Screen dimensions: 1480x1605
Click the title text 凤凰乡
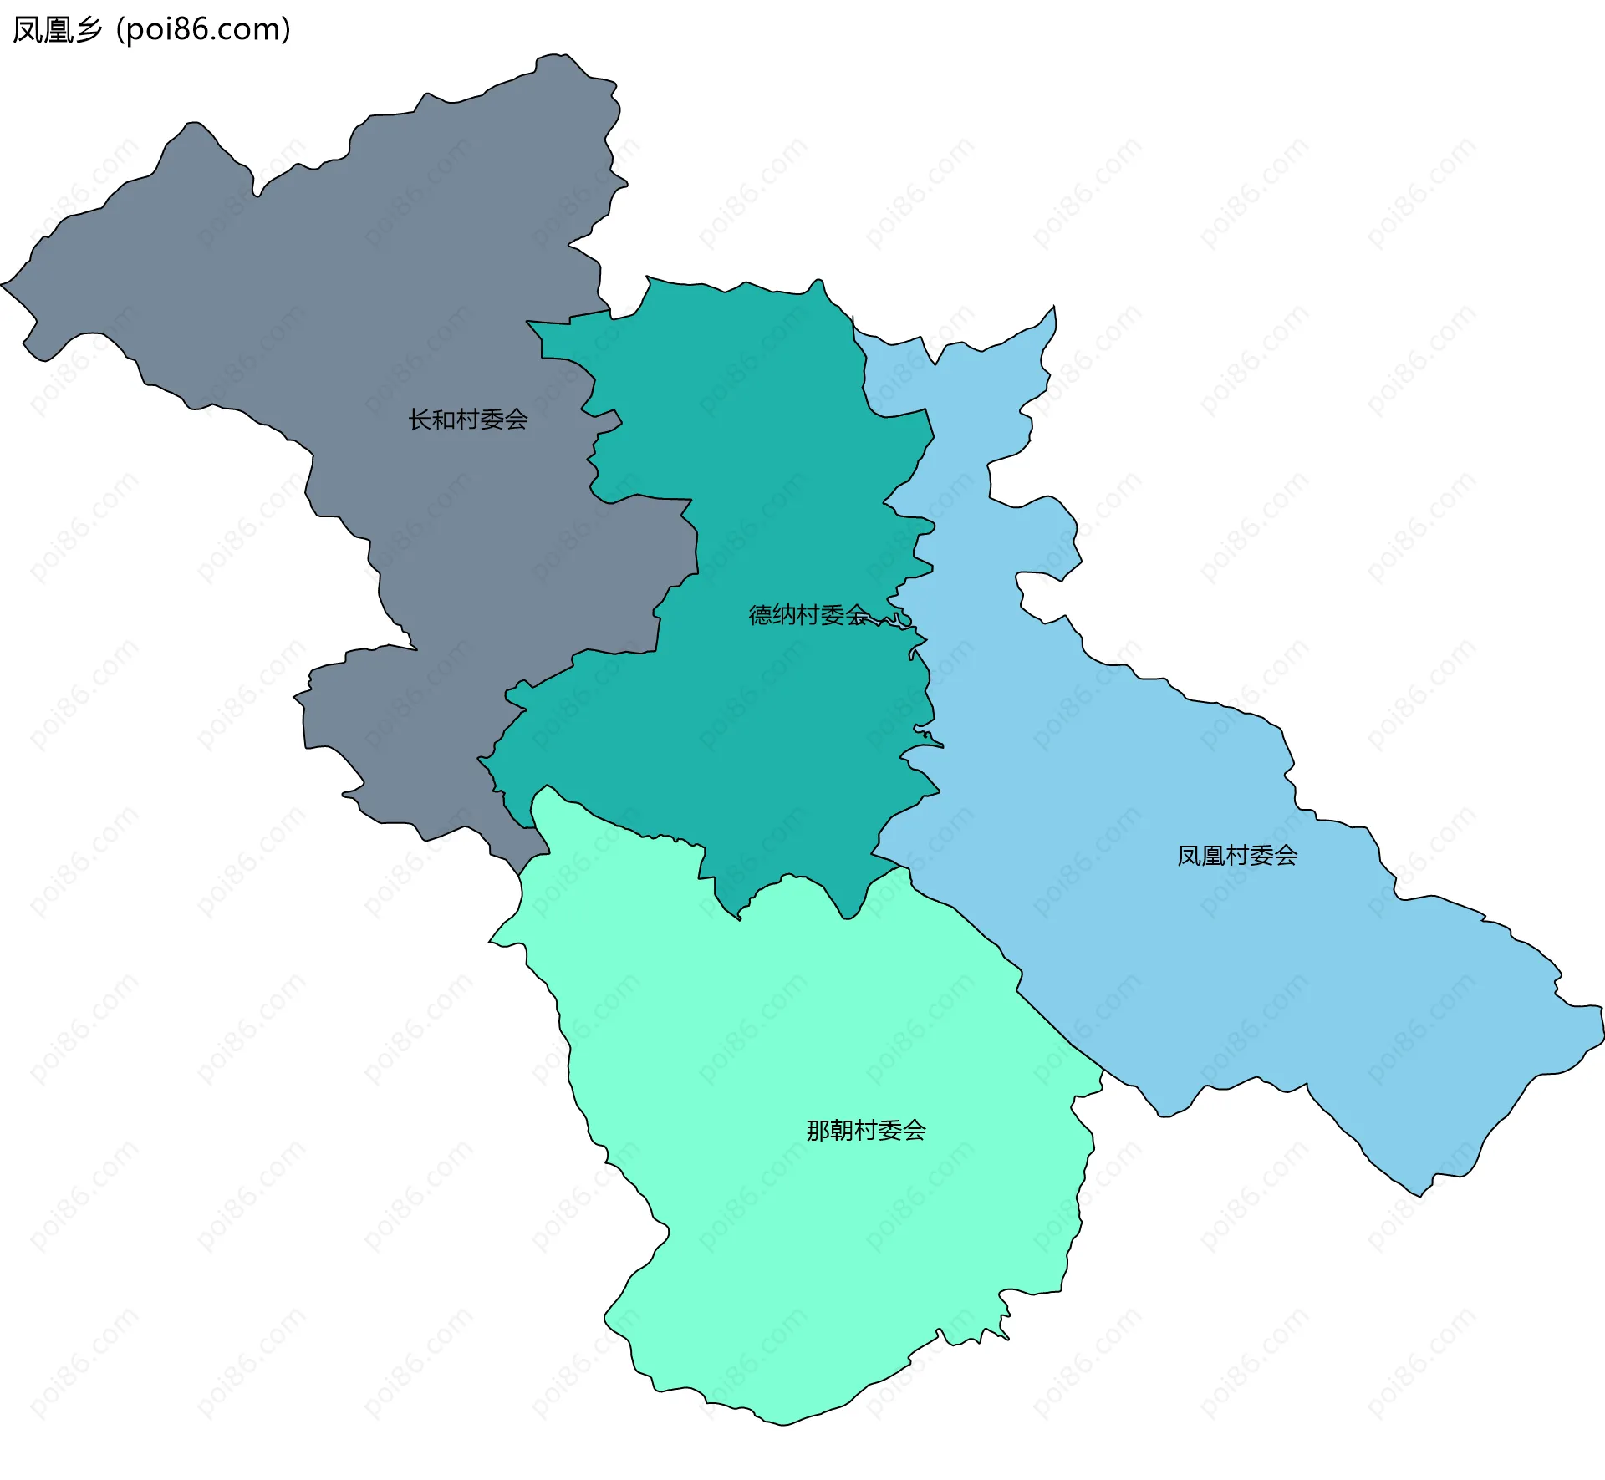coord(57,30)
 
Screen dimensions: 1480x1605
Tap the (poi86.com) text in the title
coord(203,30)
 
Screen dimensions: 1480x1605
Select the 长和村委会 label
coord(467,420)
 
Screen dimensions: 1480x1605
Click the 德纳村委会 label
coord(808,615)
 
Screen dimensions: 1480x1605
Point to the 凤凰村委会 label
coord(1236,856)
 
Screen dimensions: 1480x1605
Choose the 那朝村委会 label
coord(865,1131)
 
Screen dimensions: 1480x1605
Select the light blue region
coord(1170,961)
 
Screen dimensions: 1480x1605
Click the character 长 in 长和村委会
coord(420,420)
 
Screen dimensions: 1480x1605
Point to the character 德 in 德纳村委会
coord(760,615)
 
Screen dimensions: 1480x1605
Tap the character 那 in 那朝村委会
coord(818,1131)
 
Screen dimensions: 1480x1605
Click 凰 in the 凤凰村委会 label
coord(1212,856)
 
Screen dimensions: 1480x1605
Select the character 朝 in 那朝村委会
coord(842,1131)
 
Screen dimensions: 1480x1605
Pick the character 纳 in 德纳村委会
coord(784,615)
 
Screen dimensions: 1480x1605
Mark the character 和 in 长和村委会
coord(444,420)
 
